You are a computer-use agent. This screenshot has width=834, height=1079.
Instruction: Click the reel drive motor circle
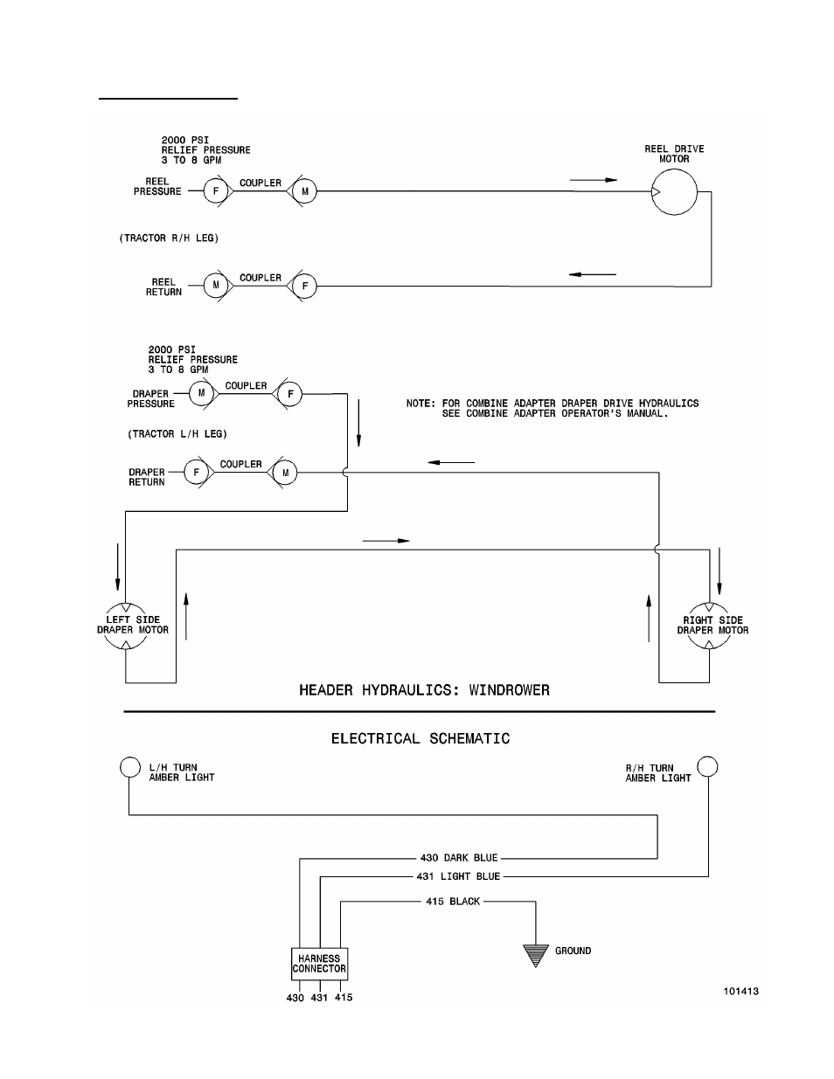tap(674, 190)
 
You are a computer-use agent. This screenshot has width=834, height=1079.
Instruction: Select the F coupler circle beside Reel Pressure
tap(215, 190)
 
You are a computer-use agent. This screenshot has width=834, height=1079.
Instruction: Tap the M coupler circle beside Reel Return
tap(215, 286)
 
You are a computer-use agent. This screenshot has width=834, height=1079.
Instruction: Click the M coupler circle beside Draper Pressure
tap(201, 393)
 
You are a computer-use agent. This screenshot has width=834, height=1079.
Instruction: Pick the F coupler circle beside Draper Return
tap(196, 473)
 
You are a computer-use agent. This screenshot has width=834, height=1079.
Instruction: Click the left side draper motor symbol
tap(126, 625)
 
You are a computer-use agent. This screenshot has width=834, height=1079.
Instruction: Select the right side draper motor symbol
tap(709, 625)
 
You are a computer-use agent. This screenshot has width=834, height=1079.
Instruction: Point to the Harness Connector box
tap(319, 964)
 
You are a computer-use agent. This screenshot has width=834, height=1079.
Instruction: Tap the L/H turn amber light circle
tap(129, 766)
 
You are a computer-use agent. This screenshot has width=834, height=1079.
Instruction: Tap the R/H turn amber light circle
tap(707, 766)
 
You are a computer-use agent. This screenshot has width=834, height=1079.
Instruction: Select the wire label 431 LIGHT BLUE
tap(458, 876)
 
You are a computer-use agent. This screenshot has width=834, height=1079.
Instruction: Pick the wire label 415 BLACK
tap(453, 902)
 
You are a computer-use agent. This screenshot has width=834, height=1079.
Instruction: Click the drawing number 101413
tap(740, 992)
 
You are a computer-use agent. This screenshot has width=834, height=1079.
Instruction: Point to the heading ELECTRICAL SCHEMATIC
tap(420, 739)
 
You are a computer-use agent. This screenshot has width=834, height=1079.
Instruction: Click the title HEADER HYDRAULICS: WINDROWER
tap(424, 690)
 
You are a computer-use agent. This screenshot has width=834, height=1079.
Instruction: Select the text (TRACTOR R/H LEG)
tap(169, 239)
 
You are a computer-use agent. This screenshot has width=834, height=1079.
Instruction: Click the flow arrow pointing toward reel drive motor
tap(594, 180)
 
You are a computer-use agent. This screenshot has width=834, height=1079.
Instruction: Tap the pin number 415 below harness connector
tap(344, 998)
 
